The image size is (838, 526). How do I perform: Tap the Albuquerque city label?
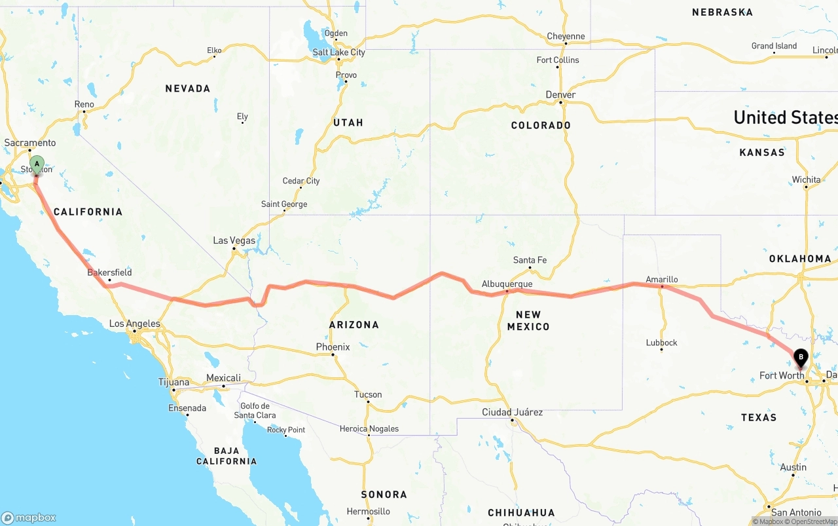click(x=507, y=284)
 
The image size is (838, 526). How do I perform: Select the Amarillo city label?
click(x=661, y=280)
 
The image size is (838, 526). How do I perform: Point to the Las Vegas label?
click(x=234, y=240)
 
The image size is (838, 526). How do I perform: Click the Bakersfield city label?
click(x=109, y=272)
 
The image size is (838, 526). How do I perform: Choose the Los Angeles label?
click(x=134, y=324)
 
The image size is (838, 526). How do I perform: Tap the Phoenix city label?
click(x=333, y=347)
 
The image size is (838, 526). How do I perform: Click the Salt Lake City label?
click(x=338, y=52)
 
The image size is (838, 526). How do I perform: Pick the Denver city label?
click(x=560, y=95)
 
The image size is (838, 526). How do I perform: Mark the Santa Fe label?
click(x=530, y=260)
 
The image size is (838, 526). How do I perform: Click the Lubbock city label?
click(x=661, y=343)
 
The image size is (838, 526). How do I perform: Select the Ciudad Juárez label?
click(x=512, y=412)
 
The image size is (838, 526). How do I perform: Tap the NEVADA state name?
click(x=188, y=88)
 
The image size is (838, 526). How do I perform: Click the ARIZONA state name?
click(x=354, y=324)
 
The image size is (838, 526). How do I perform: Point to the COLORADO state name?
click(x=541, y=125)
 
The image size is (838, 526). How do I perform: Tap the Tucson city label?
click(x=367, y=394)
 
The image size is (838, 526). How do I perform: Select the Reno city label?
click(x=84, y=104)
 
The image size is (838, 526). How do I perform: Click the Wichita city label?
click(x=806, y=179)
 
